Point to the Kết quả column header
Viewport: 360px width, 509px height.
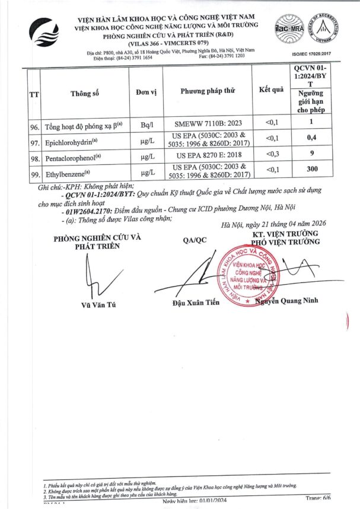click(x=272, y=90)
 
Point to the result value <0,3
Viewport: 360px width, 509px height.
click(x=271, y=157)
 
